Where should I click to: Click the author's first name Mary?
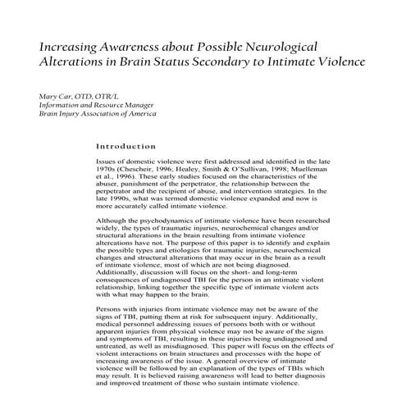pyautogui.click(x=50, y=98)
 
